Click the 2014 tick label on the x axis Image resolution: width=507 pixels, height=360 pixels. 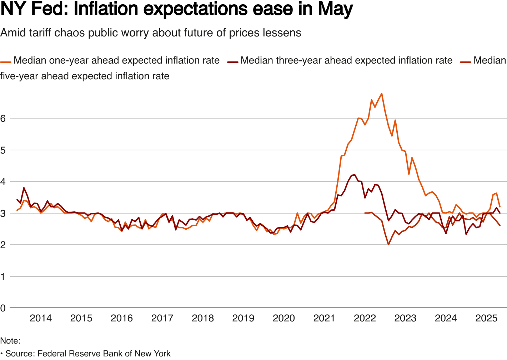pos(41,318)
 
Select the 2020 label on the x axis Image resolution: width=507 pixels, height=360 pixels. pos(284,318)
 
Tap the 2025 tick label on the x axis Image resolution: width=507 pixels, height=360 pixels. pos(486,318)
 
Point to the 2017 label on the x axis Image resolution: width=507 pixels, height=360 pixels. pos(162,318)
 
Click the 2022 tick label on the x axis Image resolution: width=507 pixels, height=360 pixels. pos(365,318)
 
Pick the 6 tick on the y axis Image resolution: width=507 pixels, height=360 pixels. pos(3,118)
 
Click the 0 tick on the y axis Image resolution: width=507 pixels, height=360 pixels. pos(3,308)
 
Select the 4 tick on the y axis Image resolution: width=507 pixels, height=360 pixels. pos(3,181)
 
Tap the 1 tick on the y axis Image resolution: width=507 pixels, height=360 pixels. pos(3,276)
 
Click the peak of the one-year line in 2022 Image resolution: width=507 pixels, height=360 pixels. pos(382,94)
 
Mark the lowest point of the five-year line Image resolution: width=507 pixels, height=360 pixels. pos(388,245)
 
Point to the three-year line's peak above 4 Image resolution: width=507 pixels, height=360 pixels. pos(354,175)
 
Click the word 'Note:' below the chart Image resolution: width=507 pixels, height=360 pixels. pos(10,341)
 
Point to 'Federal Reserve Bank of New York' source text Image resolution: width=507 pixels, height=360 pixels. pos(104,354)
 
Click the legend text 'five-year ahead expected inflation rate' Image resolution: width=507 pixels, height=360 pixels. pos(85,76)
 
